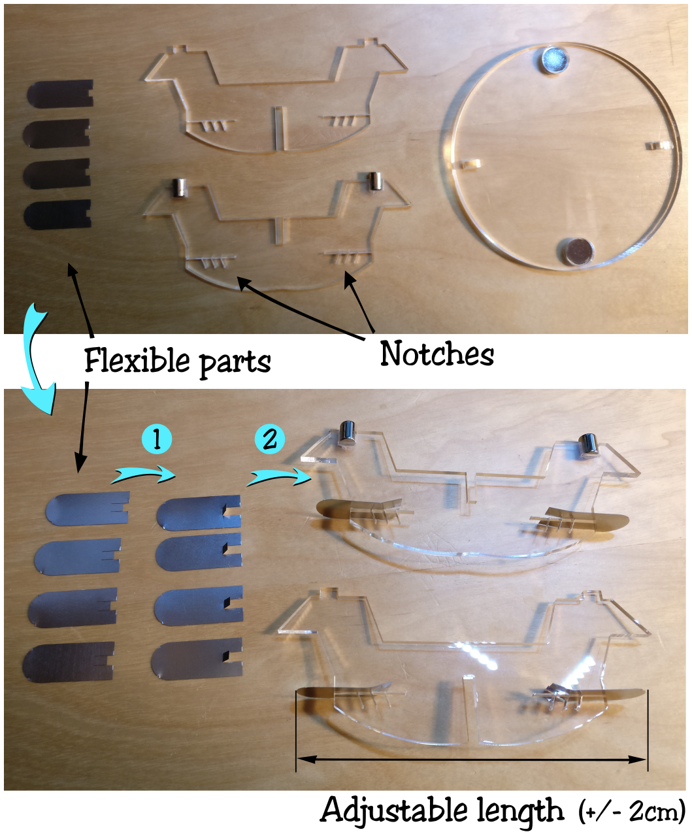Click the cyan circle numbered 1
click(x=157, y=440)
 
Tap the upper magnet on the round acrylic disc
click(x=554, y=59)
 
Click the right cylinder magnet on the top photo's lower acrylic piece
click(x=375, y=181)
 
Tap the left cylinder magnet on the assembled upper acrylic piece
click(x=346, y=433)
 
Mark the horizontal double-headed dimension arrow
click(x=472, y=759)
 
